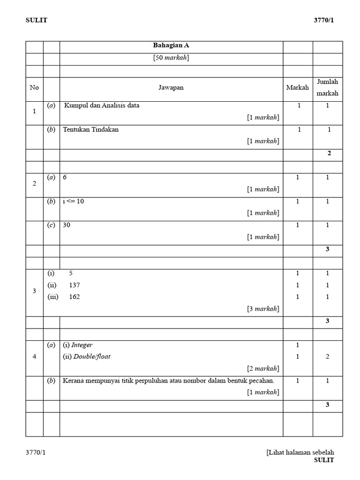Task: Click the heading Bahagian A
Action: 171,45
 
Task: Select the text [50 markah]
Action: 171,58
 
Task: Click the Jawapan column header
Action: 171,88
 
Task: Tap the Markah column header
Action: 298,88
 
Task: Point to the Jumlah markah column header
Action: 328,88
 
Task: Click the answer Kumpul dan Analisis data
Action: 102,105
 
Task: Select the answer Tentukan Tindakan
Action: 90,129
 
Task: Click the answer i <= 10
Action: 73,201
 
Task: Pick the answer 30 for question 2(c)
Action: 67,225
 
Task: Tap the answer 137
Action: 74,285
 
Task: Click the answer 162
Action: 74,297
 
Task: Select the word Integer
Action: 82,345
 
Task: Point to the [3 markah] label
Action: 263,308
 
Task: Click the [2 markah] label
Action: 263,368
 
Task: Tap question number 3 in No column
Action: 34,291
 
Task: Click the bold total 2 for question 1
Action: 329,153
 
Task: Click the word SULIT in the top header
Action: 36,20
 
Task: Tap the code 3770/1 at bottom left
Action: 36,452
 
